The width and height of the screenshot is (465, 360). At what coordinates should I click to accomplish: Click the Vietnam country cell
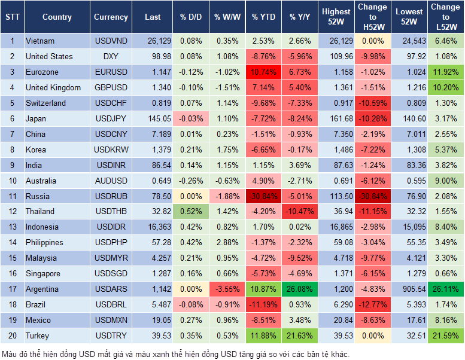tap(40, 41)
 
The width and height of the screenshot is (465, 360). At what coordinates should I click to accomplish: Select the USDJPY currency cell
tap(111, 118)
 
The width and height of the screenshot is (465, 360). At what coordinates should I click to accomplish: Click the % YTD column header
tap(264, 17)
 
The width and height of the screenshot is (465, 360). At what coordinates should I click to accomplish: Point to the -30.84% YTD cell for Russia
tap(264, 196)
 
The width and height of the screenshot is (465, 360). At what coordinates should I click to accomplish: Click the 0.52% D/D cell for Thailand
tap(190, 211)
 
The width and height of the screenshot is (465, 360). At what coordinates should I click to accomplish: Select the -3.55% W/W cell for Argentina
tap(227, 289)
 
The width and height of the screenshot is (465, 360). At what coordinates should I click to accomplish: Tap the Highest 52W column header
tap(336, 17)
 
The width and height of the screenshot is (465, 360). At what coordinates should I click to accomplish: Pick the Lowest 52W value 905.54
tap(411, 289)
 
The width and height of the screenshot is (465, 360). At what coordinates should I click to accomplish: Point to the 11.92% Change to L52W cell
tap(446, 72)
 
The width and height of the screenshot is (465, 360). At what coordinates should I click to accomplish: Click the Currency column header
tap(111, 17)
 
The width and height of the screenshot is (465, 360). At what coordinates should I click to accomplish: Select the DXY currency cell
tap(111, 56)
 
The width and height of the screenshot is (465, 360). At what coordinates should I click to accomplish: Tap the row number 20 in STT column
tap(12, 336)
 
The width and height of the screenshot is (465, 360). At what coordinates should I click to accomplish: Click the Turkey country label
tap(38, 336)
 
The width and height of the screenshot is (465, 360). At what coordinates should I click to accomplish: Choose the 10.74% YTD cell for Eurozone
tap(264, 72)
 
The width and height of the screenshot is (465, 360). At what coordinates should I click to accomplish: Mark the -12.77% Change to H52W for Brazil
tap(372, 305)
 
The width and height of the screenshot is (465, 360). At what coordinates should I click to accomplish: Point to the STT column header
tap(12, 17)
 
